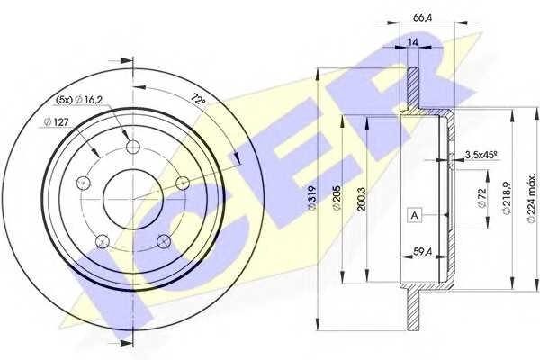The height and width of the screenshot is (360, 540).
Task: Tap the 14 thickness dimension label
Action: pyautogui.click(x=412, y=42)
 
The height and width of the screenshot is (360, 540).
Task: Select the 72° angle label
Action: pyautogui.click(x=198, y=100)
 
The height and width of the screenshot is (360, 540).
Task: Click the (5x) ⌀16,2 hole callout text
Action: pyautogui.click(x=79, y=100)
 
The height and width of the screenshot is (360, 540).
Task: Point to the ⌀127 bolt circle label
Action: pyautogui.click(x=57, y=121)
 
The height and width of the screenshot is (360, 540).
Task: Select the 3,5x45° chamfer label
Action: pyautogui.click(x=481, y=155)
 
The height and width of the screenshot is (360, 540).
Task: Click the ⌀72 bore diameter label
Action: pyautogui.click(x=481, y=198)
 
